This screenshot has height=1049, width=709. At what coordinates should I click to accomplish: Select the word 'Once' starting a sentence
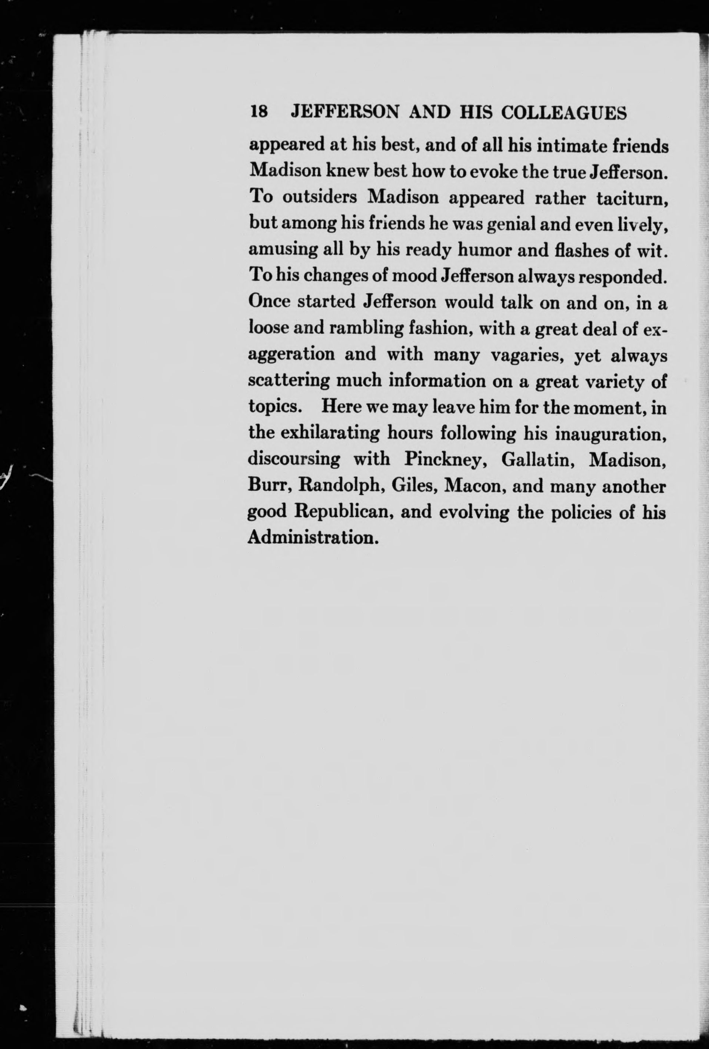tap(269, 302)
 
